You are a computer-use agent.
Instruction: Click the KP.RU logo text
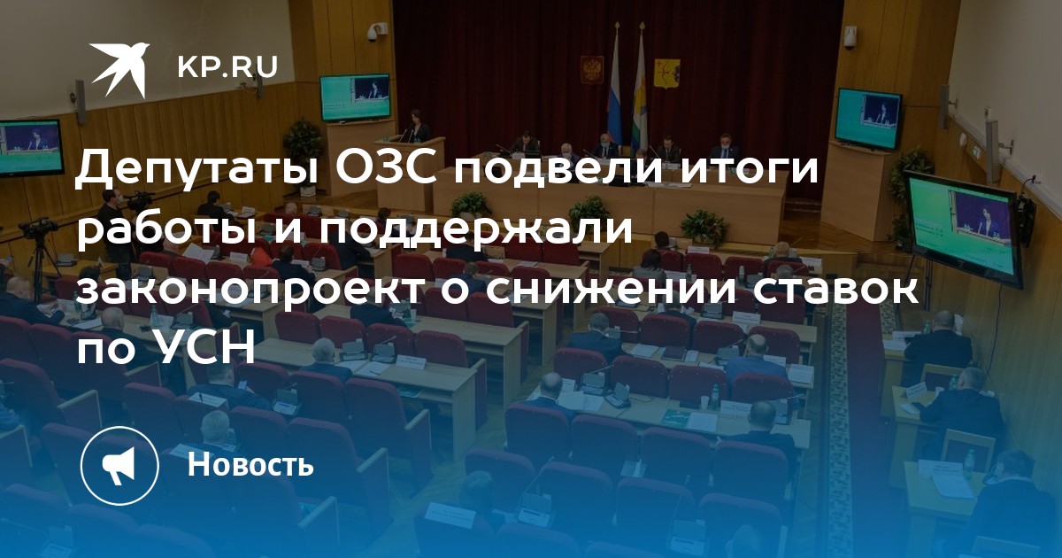227,67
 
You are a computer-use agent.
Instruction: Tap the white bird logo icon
119,70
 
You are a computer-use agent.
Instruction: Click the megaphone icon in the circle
119,465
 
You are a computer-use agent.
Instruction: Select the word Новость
250,463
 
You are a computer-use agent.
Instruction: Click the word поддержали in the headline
475,231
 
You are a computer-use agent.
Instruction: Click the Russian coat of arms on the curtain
592,70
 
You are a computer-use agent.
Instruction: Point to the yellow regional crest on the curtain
667,74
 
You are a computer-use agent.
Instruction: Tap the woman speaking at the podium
417,126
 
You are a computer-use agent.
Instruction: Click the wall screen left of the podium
355,97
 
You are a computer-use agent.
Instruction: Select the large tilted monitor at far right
966,229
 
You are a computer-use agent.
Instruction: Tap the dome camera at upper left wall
373,35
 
